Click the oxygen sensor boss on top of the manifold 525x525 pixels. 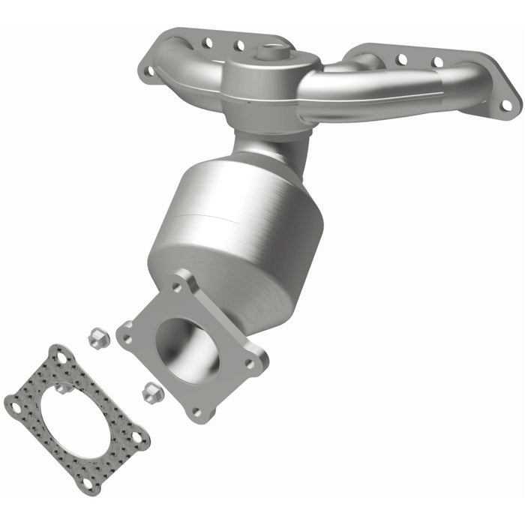[269, 52]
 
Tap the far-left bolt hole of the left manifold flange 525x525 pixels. [148, 71]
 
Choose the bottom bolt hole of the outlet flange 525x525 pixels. [196, 412]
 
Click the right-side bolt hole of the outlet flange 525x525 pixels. [249, 363]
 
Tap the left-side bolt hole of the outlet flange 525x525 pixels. [127, 338]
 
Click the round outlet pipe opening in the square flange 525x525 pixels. [187, 349]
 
